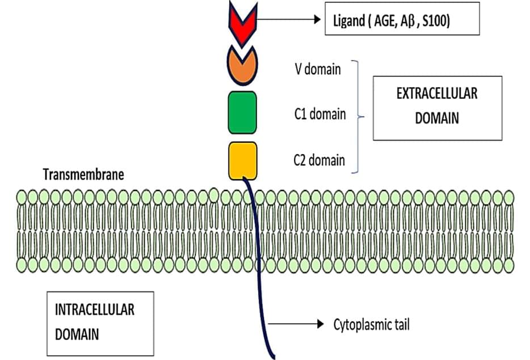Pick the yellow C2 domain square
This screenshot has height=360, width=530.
coord(243,160)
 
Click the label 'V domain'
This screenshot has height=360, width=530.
coord(318,70)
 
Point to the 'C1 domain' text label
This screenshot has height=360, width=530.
coord(319,114)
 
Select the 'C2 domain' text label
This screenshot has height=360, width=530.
coord(319,160)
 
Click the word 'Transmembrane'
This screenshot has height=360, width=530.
coord(83,174)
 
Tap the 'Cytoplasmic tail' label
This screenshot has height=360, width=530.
coord(371,325)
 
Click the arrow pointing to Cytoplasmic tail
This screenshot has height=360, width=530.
coord(296,324)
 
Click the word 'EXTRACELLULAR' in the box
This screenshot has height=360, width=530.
coord(437,94)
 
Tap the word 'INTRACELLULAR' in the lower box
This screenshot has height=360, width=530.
coord(94,310)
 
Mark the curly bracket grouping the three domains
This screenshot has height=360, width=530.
coord(357,116)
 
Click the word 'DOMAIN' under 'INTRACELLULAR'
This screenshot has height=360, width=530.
coord(77,334)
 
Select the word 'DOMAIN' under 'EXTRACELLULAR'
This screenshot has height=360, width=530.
coord(437,118)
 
